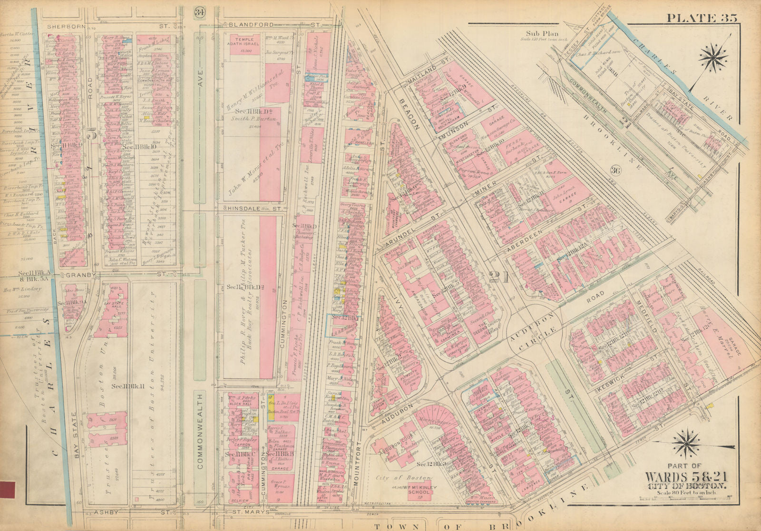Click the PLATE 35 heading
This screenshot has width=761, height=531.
701,18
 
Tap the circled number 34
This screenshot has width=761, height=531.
199,13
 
